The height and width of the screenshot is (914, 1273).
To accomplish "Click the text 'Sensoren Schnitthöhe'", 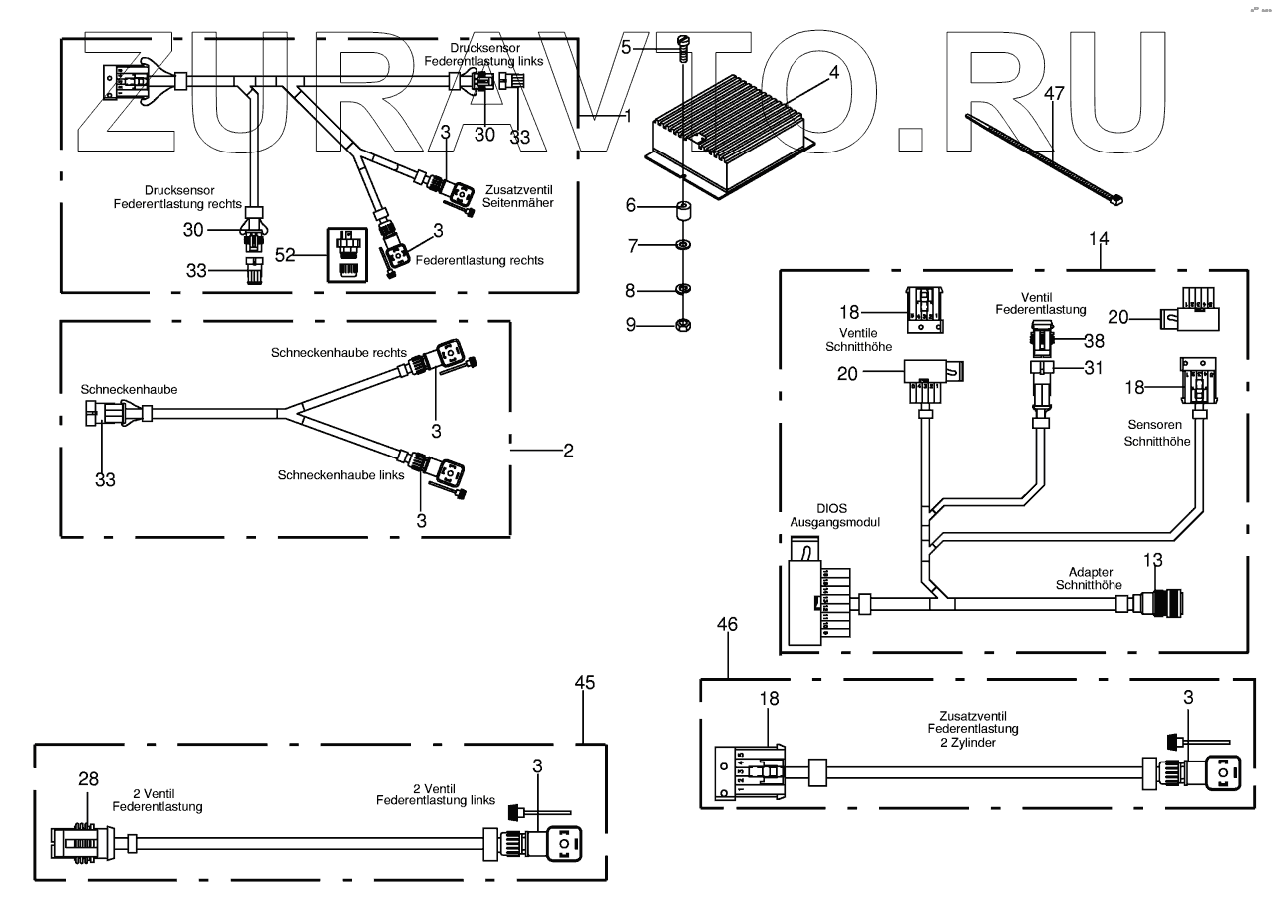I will pyautogui.click(x=1157, y=432).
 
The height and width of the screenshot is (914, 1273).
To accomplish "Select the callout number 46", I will pyautogui.click(x=728, y=624).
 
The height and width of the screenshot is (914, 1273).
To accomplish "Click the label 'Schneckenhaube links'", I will pyautogui.click(x=341, y=475).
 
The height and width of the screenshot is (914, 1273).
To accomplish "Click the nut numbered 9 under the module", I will pyautogui.click(x=683, y=324).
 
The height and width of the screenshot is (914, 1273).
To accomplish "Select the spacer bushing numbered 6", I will pyautogui.click(x=683, y=211).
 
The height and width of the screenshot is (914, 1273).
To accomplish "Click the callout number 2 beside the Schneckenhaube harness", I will pyautogui.click(x=568, y=451).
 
